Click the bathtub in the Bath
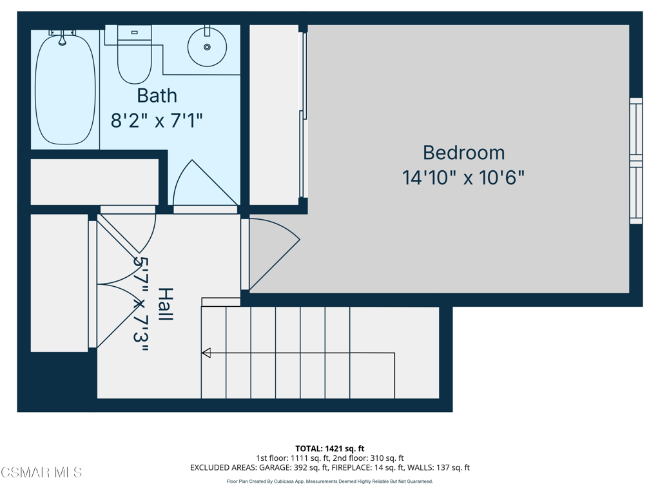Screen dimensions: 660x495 [x=65, y=89]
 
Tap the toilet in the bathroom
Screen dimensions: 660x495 [x=134, y=55]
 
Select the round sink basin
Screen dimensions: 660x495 [x=207, y=47]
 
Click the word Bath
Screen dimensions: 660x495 [x=157, y=96]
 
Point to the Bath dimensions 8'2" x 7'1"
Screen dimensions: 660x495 [x=157, y=121]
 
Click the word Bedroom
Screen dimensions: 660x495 [x=463, y=153]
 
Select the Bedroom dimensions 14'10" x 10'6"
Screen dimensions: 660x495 [x=463, y=178]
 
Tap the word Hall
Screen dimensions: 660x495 [x=166, y=304]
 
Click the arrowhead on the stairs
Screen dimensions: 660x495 [x=206, y=353]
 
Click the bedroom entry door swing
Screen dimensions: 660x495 [x=273, y=253]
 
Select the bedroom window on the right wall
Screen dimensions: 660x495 [x=636, y=160]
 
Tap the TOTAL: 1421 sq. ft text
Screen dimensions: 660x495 [x=329, y=449]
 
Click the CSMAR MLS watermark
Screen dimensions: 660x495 [x=41, y=472]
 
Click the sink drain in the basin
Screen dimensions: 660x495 [x=207, y=47]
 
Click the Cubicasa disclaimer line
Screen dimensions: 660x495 [x=329, y=481]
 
